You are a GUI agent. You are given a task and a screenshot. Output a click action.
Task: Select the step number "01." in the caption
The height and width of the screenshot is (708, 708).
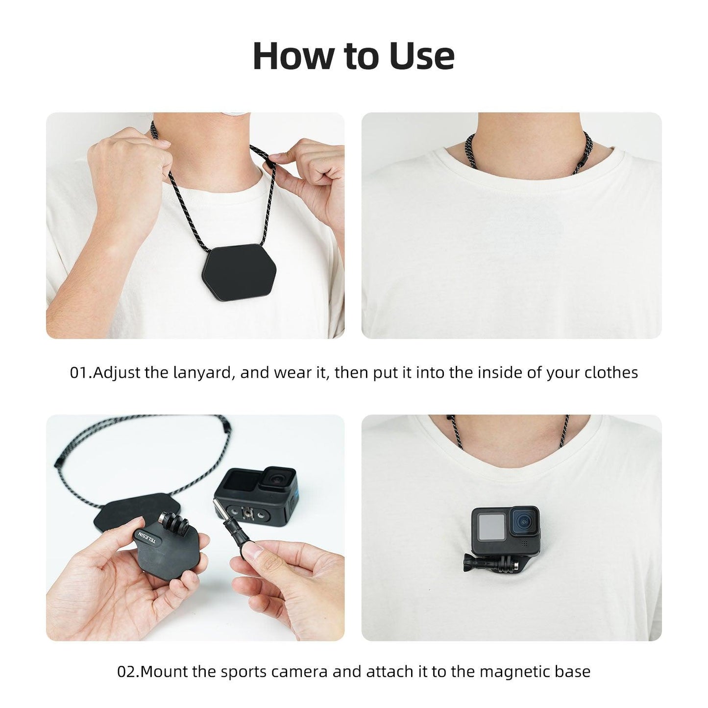pyautogui.click(x=81, y=373)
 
